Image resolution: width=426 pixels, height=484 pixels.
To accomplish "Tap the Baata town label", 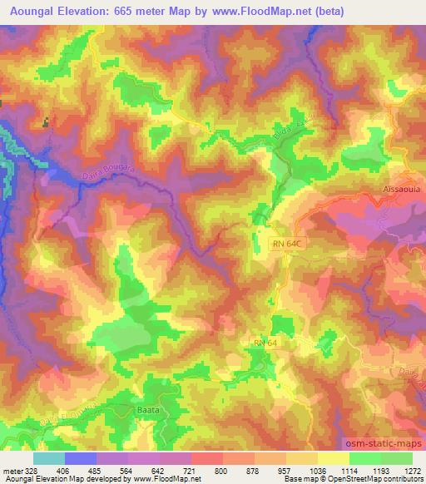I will click(x=144, y=409).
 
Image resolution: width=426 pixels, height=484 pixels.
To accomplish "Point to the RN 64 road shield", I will click(x=267, y=342).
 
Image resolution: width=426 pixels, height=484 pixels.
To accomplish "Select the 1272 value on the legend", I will click(x=412, y=470).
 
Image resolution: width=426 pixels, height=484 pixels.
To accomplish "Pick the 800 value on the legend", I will click(x=222, y=470).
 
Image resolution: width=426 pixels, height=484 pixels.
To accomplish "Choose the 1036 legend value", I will click(x=317, y=470).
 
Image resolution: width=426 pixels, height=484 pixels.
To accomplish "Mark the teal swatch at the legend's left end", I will click(x=49, y=458).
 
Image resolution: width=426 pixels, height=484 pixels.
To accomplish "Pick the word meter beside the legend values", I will click(x=12, y=470).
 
